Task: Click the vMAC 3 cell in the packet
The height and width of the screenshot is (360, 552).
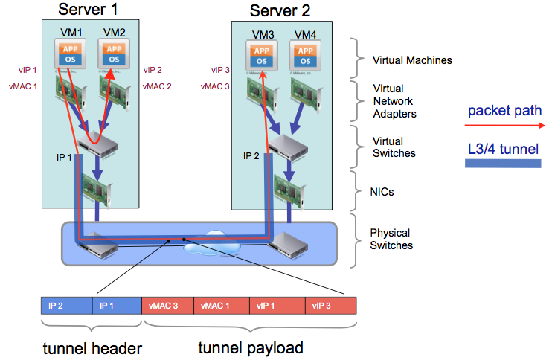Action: tap(167, 306)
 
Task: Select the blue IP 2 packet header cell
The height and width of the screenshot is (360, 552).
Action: tap(65, 306)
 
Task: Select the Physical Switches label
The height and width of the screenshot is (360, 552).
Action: tap(392, 239)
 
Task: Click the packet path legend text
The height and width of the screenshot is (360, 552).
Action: tap(504, 112)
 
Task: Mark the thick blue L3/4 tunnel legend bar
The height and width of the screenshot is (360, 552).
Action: tap(503, 163)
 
